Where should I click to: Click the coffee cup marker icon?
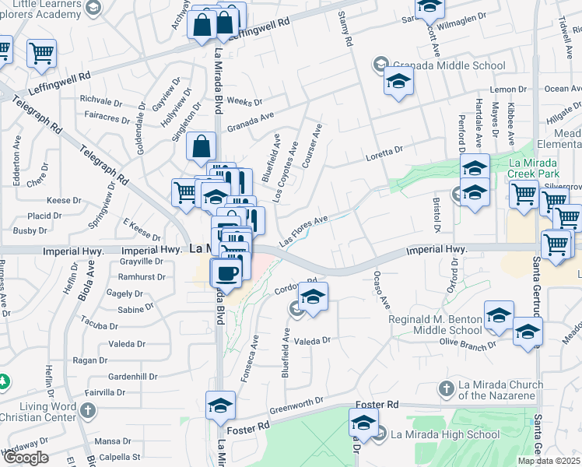tap(226, 273)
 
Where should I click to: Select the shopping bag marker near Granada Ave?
tap(202, 146)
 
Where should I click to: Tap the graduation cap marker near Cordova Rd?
tap(313, 297)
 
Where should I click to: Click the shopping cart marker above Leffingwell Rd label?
tap(41, 54)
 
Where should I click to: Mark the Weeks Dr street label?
tap(244, 102)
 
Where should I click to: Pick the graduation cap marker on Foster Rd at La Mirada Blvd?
tap(220, 406)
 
